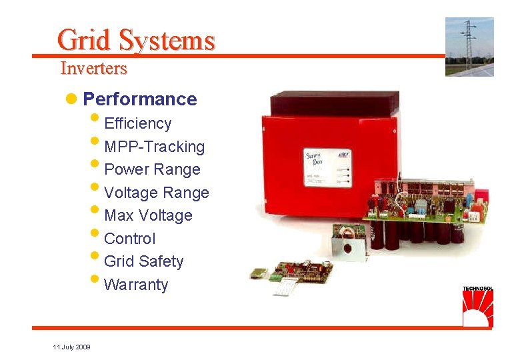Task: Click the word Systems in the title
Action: (167, 40)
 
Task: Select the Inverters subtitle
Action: (93, 68)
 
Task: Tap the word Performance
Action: (140, 99)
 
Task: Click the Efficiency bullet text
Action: (138, 123)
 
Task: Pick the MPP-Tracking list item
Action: (155, 147)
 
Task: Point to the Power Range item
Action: (153, 169)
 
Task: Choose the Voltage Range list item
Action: (157, 193)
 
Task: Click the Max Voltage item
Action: (148, 215)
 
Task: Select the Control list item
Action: (130, 239)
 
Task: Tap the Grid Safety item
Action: (144, 261)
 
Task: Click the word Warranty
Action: (137, 285)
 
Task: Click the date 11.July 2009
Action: (72, 347)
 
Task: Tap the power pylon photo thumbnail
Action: (469, 47)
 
